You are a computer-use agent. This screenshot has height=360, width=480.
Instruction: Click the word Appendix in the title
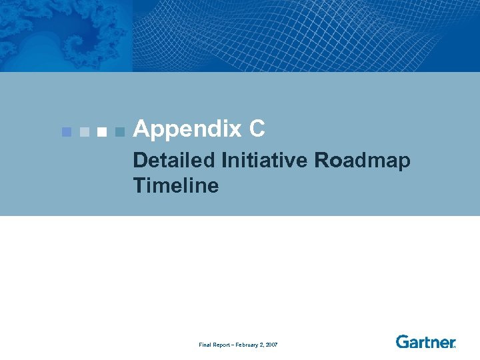tap(188, 129)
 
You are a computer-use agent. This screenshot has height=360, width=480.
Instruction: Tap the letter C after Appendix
tap(258, 129)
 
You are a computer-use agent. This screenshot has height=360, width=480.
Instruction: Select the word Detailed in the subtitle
tap(174, 161)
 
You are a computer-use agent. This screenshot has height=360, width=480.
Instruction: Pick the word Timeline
tap(176, 185)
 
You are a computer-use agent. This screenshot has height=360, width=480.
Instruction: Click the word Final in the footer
tap(205, 345)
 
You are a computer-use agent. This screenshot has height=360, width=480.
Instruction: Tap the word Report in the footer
tap(221, 345)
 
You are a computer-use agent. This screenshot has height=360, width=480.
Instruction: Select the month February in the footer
tap(247, 345)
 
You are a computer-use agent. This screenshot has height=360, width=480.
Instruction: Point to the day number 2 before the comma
tap(261, 345)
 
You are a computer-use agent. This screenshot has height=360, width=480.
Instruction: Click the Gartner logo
tap(425, 341)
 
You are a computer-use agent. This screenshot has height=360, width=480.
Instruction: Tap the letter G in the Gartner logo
tap(403, 341)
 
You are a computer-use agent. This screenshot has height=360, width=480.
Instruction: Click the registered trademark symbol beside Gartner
tap(455, 346)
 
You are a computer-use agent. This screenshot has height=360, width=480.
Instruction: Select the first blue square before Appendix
tap(66, 131)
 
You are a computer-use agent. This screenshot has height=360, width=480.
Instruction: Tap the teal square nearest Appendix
tap(119, 131)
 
